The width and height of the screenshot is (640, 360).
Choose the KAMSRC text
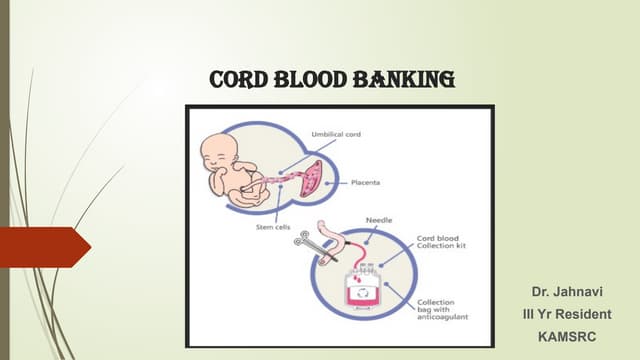tap(566, 337)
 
